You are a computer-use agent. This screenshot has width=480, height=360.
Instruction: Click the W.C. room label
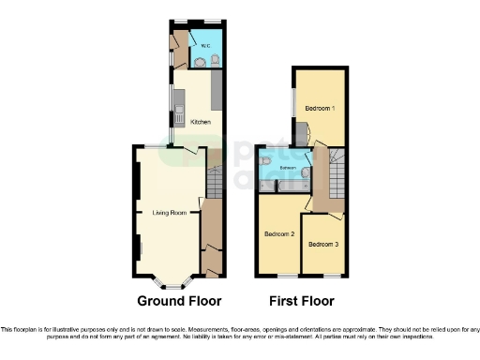[204, 44]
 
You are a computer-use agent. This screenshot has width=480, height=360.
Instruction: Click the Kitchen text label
[201, 122]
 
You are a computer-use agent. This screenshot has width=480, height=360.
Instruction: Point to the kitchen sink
[176, 116]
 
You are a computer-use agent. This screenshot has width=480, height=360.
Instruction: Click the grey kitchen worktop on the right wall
[215, 92]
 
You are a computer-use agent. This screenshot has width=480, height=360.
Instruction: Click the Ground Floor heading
[179, 302]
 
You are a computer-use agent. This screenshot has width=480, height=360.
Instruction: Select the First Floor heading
[301, 302]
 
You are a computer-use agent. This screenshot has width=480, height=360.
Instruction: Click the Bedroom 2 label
[279, 233]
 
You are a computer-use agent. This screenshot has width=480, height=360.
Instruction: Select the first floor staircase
[335, 173]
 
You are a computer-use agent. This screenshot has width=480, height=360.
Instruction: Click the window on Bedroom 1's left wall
[292, 105]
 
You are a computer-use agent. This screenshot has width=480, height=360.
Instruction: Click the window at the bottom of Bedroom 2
[280, 276]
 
